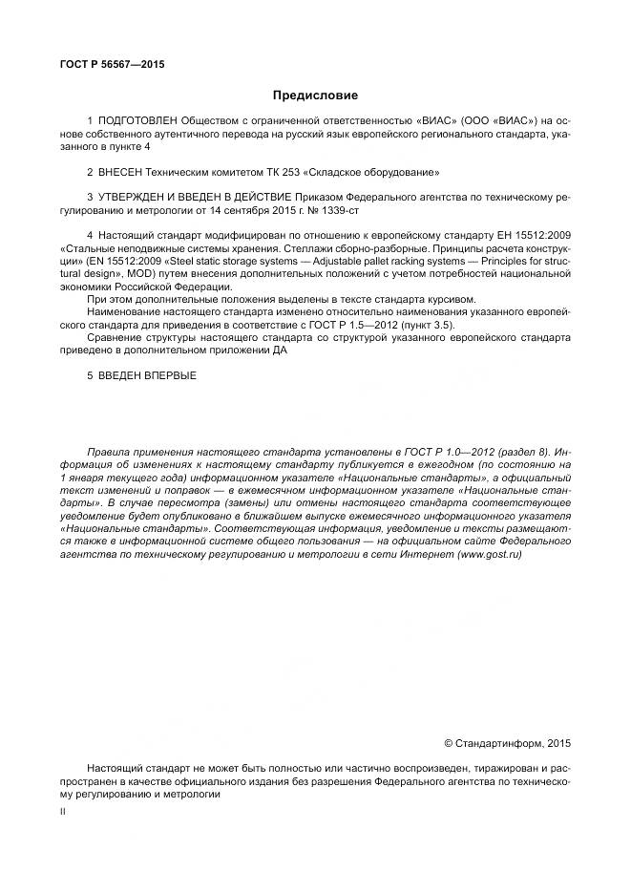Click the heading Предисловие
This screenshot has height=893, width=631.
pyautogui.click(x=315, y=96)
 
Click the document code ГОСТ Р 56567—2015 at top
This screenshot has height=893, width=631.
pyautogui.click(x=112, y=64)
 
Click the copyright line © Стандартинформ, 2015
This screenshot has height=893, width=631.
pyautogui.click(x=508, y=742)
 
